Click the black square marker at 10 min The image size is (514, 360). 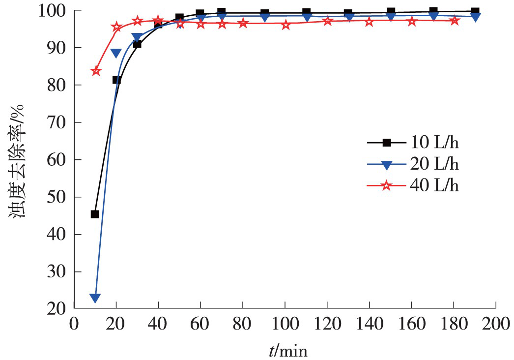95,214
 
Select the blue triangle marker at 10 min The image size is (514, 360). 95,298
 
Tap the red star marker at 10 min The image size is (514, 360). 96,71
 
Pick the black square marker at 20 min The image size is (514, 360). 116,80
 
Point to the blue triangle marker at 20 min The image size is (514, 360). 116,53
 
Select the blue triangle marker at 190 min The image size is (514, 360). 476,17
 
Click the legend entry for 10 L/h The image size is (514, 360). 413,143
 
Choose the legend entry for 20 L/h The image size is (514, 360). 413,164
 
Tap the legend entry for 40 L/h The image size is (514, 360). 413,185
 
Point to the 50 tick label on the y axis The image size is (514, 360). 58,197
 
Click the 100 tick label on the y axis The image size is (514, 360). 53,10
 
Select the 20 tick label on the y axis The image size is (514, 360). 58,309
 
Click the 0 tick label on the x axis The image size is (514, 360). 74,325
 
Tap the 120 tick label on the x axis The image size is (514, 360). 327,325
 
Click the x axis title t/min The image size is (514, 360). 288,350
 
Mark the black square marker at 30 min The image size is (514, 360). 137,44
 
